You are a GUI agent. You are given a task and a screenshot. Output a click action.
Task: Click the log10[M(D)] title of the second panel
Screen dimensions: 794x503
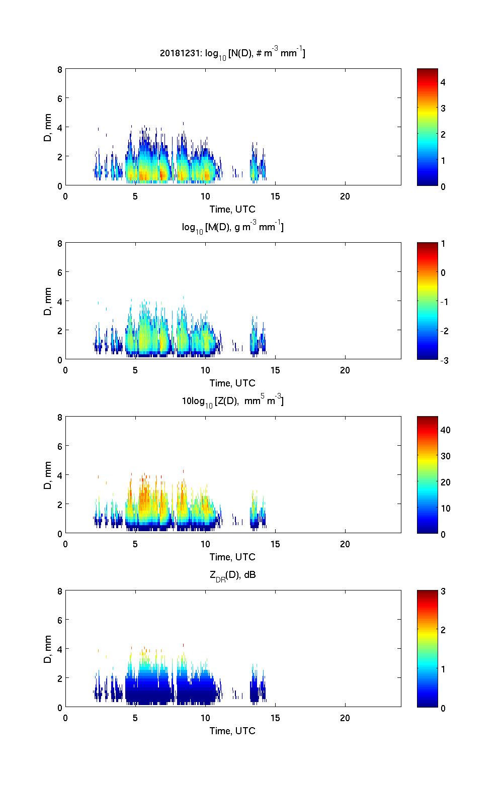pos(232,227)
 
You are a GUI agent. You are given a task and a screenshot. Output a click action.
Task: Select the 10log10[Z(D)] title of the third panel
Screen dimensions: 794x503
pos(232,401)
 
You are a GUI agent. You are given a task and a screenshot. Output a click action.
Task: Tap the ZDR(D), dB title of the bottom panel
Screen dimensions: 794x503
pos(232,575)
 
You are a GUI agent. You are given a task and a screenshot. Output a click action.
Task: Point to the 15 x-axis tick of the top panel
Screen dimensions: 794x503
pos(275,196)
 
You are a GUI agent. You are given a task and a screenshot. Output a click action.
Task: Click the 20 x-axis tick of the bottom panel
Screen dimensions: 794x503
pos(345,718)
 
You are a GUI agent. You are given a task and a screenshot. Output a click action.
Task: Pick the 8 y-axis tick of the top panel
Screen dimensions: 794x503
pos(60,69)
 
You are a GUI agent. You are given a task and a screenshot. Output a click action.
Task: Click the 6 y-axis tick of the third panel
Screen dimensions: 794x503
pos(60,446)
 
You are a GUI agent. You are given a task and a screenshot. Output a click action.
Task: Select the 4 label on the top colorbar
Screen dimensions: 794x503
pos(443,82)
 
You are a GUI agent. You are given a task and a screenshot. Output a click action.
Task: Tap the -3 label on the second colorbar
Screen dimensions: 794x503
pos(445,360)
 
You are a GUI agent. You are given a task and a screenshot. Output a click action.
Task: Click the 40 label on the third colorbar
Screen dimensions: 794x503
pos(445,430)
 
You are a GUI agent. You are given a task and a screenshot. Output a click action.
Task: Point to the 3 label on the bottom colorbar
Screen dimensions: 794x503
pos(443,591)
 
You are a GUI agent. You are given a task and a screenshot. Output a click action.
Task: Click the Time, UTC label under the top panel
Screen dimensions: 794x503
pos(232,209)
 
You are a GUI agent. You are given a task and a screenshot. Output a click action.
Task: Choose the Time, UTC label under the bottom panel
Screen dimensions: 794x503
pos(232,731)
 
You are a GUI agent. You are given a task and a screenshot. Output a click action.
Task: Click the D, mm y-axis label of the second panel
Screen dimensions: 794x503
pos(48,302)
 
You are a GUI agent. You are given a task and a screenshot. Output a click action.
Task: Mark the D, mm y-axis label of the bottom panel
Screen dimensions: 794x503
pos(48,649)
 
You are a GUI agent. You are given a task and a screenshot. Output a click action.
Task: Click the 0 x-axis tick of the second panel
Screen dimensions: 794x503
pos(66,370)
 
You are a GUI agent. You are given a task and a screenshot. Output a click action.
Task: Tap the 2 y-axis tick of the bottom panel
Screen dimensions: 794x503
pos(60,678)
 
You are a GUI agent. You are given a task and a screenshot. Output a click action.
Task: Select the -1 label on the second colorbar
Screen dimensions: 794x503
pos(445,302)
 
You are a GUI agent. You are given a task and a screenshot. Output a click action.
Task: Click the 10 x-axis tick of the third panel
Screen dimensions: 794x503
pos(205,544)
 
